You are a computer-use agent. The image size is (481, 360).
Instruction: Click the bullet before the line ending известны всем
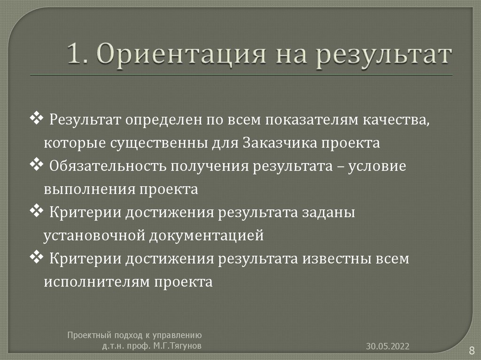click(36, 258)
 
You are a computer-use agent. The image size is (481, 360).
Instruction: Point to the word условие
click(378, 166)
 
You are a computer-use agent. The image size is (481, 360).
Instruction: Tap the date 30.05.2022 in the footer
click(388, 346)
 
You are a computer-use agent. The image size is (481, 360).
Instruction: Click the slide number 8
click(471, 350)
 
